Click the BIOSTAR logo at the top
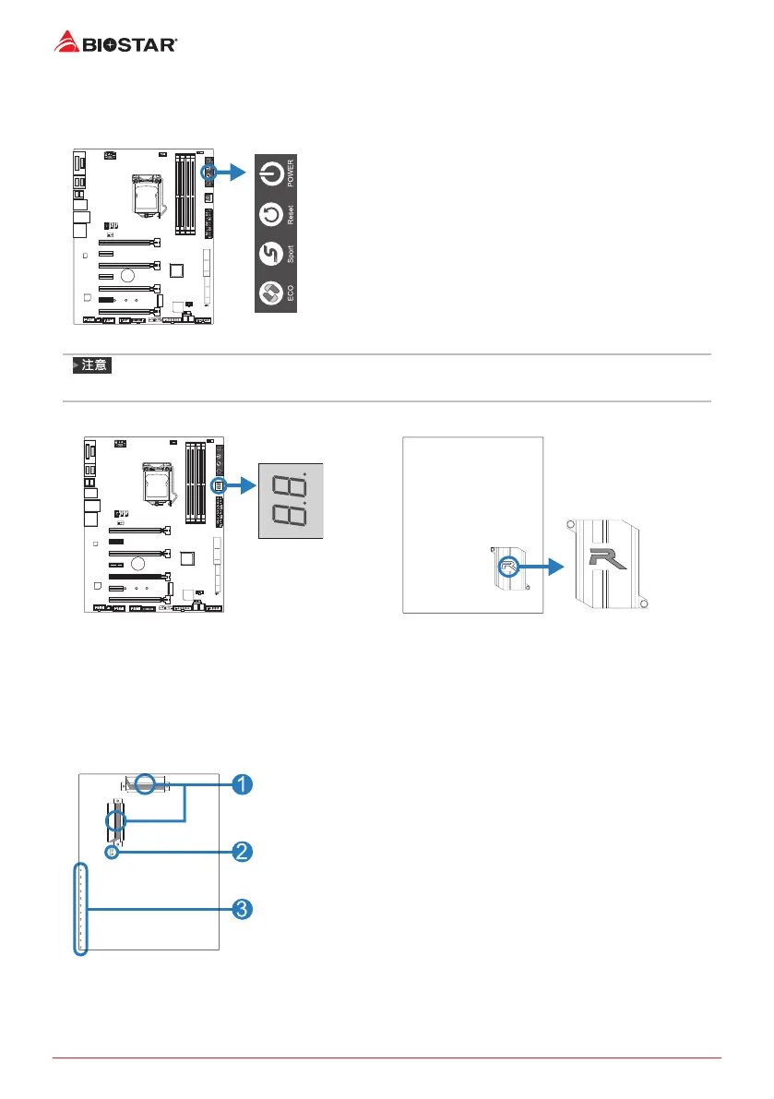click(116, 42)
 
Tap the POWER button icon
click(270, 173)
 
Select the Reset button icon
click(270, 214)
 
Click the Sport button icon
click(270, 255)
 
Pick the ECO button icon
click(270, 295)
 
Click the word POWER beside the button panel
click(291, 173)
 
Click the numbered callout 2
click(240, 852)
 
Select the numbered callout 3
click(240, 910)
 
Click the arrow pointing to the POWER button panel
click(232, 173)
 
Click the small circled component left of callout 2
click(111, 853)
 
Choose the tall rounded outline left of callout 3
click(80, 909)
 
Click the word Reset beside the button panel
click(291, 216)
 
